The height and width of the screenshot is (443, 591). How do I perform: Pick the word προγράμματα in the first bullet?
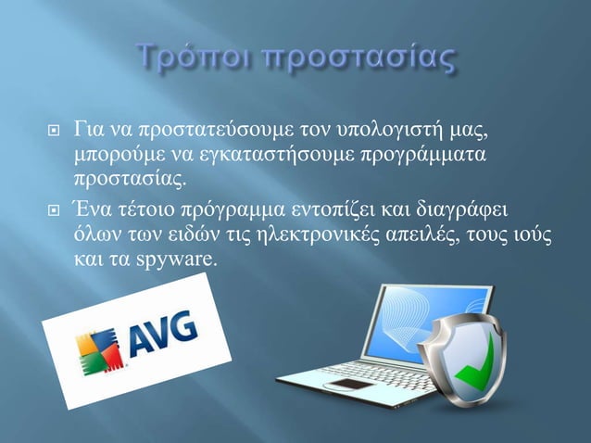tap(427, 152)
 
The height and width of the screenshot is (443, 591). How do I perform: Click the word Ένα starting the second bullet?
tap(95, 206)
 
